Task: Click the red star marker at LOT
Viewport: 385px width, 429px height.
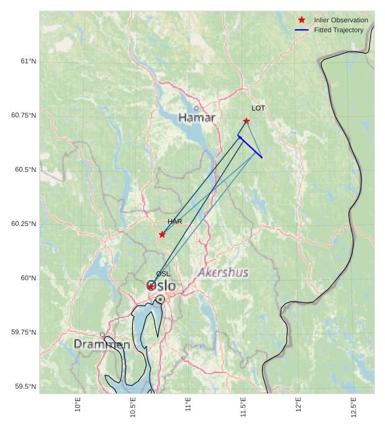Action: point(247,120)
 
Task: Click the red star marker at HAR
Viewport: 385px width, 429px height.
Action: point(162,234)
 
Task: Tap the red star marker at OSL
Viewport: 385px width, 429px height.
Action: point(150,286)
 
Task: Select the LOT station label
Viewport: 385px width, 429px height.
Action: point(258,108)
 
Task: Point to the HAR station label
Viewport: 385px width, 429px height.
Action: point(174,221)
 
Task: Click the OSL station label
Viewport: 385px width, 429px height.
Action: point(163,274)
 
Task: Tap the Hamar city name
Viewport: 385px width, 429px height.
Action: point(197,117)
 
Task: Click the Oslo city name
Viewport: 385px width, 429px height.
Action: point(161,286)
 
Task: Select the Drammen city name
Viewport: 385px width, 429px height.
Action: point(102,344)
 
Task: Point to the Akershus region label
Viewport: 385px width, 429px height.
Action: point(223,273)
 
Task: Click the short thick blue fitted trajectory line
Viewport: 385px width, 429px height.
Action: point(250,147)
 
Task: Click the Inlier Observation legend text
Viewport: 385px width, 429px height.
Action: point(341,20)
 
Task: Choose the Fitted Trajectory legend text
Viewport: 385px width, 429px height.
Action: point(338,30)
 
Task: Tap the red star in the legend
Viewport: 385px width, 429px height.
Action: point(302,20)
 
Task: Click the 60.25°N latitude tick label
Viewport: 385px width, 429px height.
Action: point(24,224)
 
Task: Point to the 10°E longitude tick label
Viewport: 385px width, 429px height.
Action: point(78,404)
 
